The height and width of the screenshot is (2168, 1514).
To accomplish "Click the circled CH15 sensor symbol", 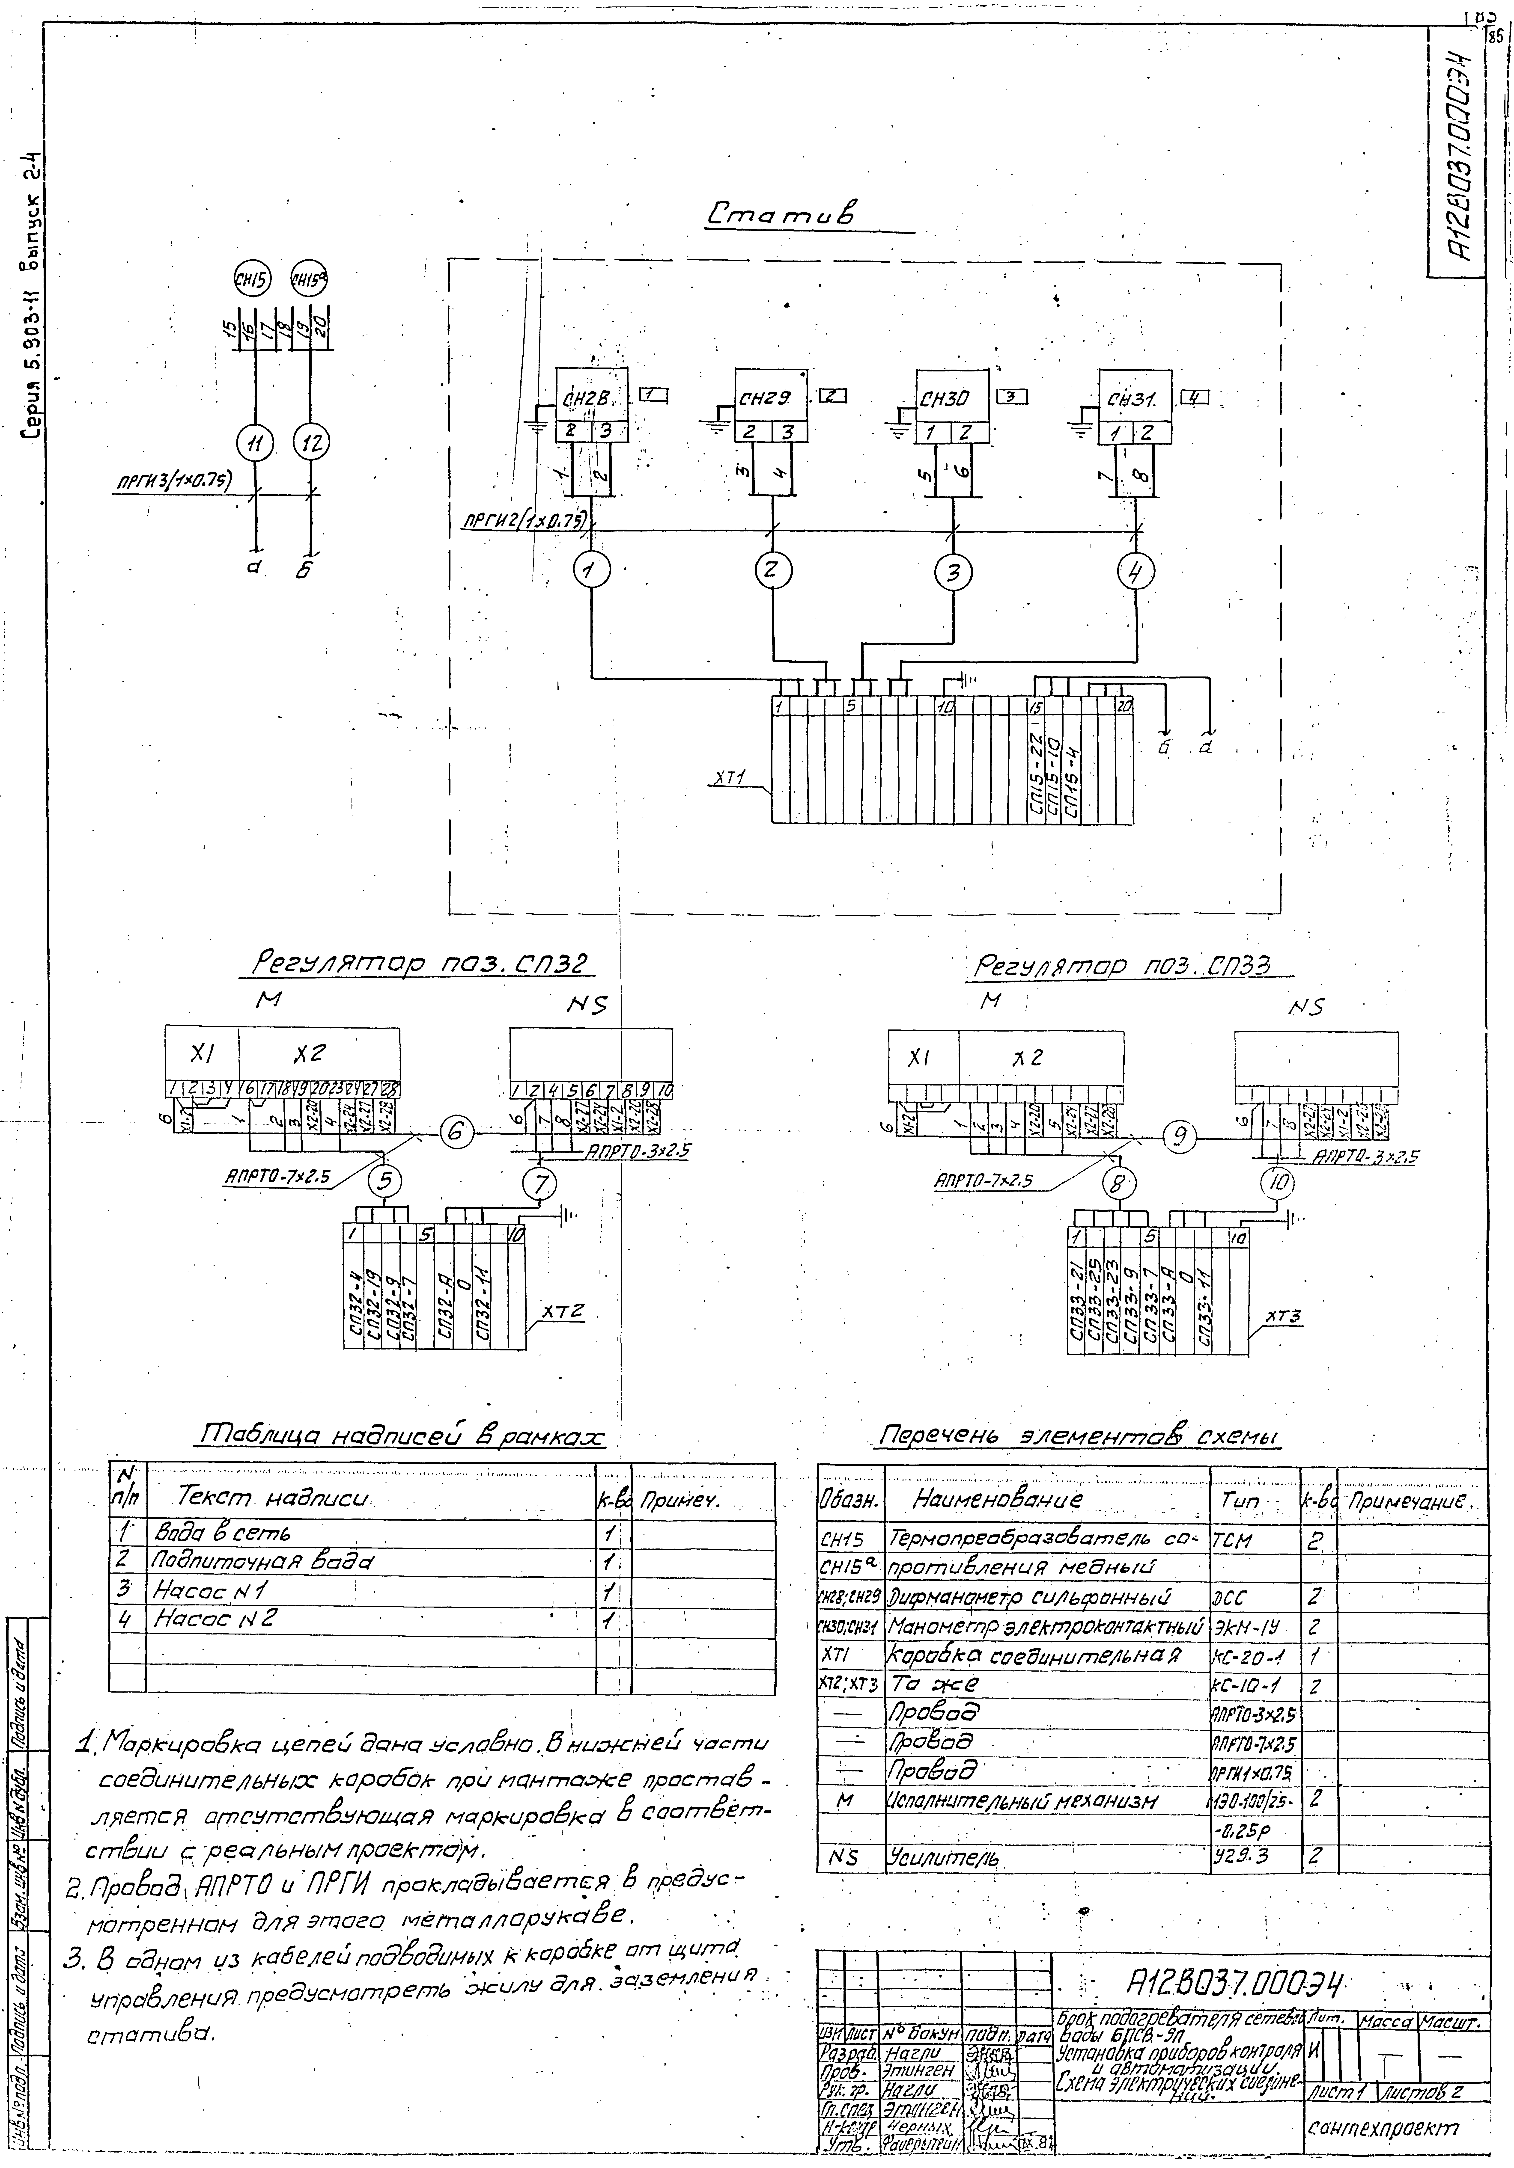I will (x=253, y=279).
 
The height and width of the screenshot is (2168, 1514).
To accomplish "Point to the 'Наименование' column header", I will (x=996, y=1499).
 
